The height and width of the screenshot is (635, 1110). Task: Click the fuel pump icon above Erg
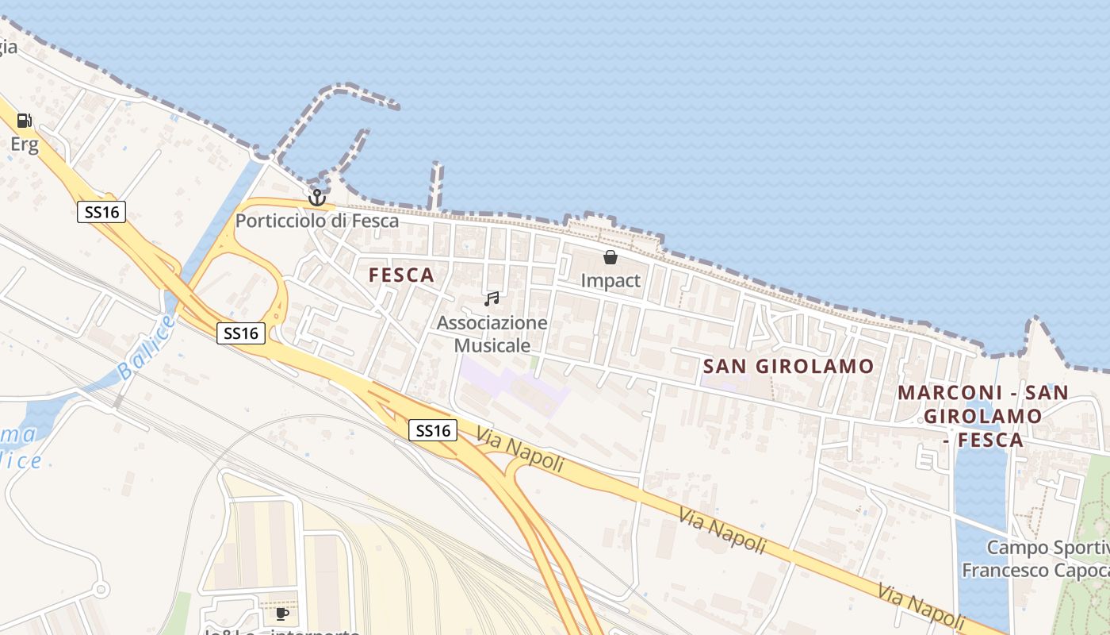[x=25, y=121]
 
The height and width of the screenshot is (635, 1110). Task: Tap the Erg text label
[x=25, y=144]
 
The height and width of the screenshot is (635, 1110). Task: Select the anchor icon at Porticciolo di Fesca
[x=317, y=197]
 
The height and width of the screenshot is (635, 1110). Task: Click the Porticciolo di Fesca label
[x=317, y=221]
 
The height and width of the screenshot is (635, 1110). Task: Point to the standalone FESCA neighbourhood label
[x=402, y=275]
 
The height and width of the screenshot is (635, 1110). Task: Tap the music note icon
[x=492, y=299]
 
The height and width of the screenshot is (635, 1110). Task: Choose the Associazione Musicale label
[x=492, y=334]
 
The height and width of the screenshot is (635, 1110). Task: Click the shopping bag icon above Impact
[x=610, y=257]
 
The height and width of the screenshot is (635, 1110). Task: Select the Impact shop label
[x=610, y=281]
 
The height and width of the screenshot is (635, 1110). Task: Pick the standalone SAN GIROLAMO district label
[x=789, y=366]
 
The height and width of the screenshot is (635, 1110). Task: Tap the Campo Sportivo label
[x=1047, y=548]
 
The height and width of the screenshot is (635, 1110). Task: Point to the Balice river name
[x=145, y=346]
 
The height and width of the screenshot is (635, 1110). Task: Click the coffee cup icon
[x=281, y=614]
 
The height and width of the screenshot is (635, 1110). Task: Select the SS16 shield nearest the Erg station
[x=101, y=212]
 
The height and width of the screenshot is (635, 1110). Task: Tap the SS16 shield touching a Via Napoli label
[x=434, y=430]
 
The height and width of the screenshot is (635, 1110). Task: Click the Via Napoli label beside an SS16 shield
[x=521, y=449]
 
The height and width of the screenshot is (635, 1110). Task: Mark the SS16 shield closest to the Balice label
[x=241, y=333]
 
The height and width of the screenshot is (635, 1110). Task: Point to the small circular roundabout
[x=101, y=590]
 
